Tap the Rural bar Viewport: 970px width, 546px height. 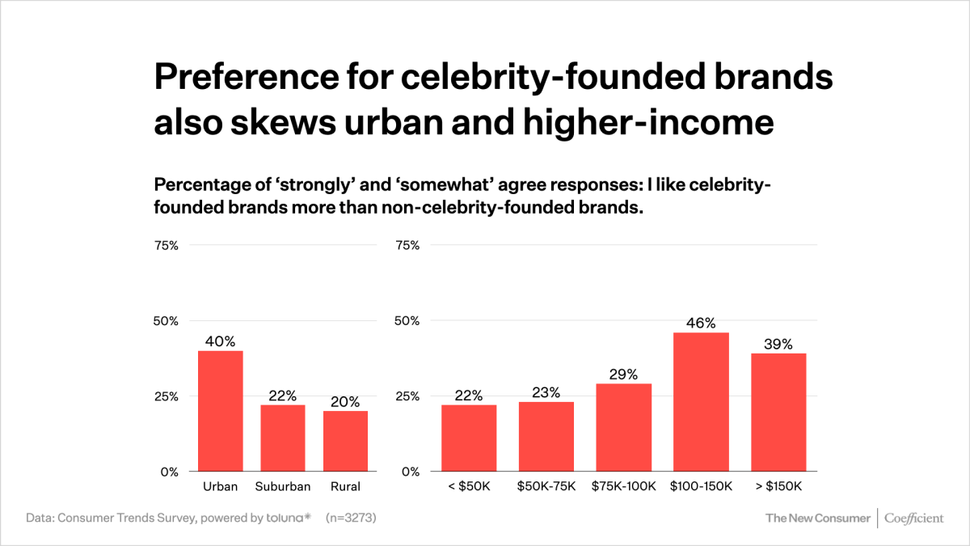tap(345, 441)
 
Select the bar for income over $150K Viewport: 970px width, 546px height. tap(778, 413)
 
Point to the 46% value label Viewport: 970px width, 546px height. tap(701, 323)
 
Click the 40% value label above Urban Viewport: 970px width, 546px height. tap(220, 341)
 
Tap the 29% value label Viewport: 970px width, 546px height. tap(624, 375)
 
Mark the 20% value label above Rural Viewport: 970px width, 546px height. tap(345, 402)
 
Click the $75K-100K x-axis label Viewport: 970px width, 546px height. tap(624, 486)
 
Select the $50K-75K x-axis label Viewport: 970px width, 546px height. tap(546, 486)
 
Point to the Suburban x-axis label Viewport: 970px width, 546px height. tap(282, 486)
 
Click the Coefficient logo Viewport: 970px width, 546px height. tap(913, 518)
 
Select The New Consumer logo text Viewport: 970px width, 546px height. tap(818, 518)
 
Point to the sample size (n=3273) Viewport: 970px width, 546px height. tap(351, 518)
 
